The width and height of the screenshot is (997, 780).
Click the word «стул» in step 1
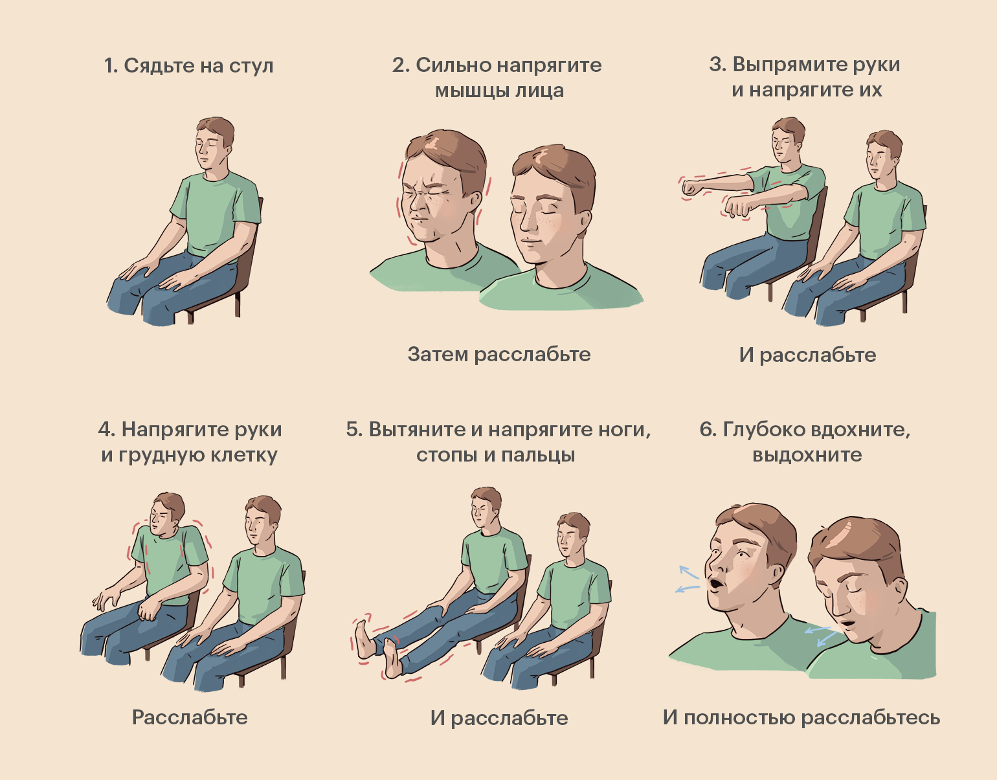pos(251,65)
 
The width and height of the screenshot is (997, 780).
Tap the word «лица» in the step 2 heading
pos(539,91)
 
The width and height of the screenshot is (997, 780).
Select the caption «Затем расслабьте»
pos(499,355)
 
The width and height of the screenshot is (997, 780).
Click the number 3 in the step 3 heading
pos(716,65)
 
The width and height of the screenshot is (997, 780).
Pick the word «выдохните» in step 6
pos(807,455)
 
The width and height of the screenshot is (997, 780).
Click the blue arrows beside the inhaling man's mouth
pos(688,579)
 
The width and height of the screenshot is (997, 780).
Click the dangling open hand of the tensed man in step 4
pos(105,599)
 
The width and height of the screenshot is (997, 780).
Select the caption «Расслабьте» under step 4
pos(190,717)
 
